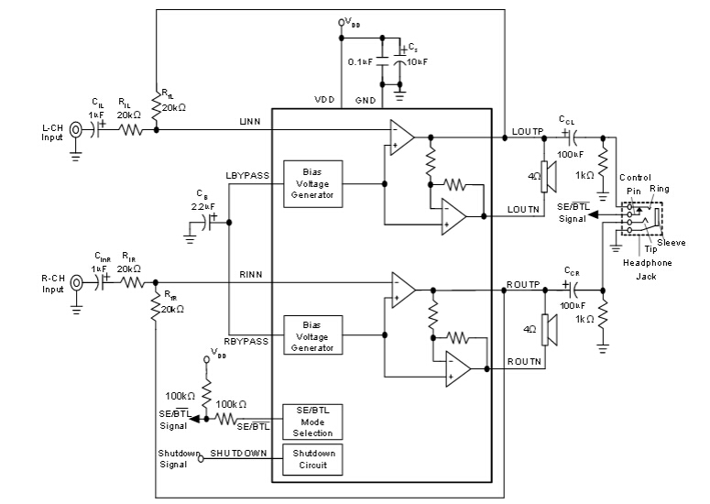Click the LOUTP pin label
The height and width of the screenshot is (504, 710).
point(528,133)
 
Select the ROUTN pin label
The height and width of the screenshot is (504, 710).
point(525,363)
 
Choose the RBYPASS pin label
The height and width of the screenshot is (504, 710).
point(248,341)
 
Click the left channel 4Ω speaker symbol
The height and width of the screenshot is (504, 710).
point(544,176)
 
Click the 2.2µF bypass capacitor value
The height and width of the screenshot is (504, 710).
point(202,207)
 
